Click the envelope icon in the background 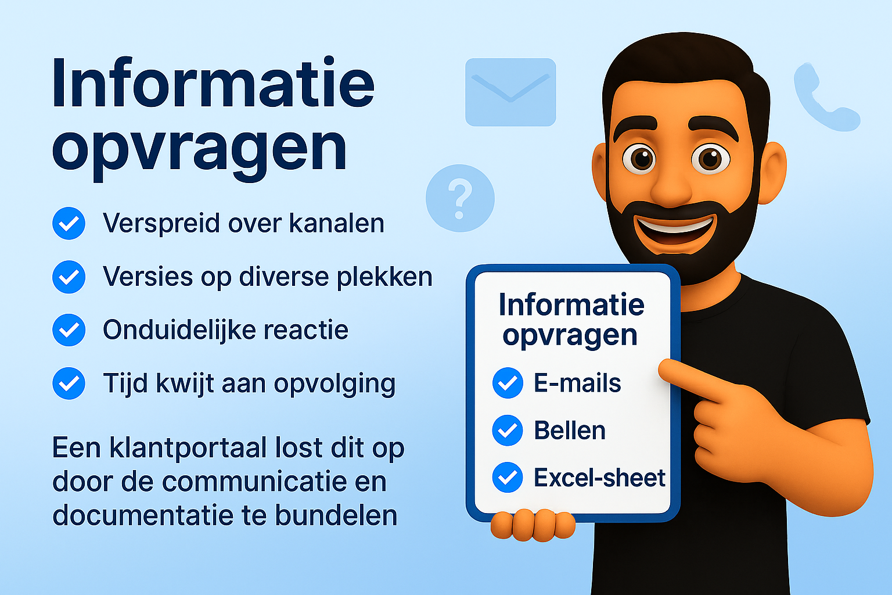(x=510, y=92)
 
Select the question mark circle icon (x=460, y=198)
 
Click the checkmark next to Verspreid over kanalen (x=69, y=224)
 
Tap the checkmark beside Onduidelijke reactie (x=69, y=330)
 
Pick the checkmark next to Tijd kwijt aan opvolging (x=69, y=383)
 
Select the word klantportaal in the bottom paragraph (x=189, y=448)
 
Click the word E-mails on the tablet (x=577, y=383)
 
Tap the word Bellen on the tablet (x=570, y=431)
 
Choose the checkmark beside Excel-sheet (x=508, y=478)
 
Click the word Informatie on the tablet (x=571, y=305)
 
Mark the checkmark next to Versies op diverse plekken (x=69, y=277)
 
